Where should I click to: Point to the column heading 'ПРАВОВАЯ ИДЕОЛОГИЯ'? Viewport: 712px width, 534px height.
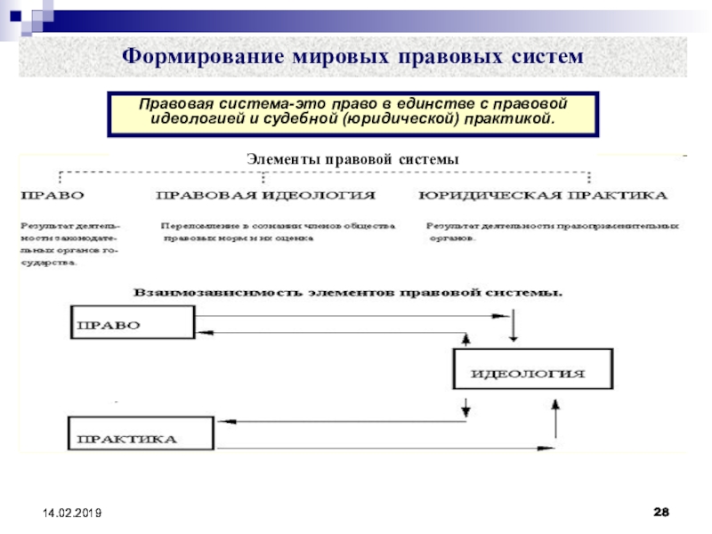click(x=265, y=193)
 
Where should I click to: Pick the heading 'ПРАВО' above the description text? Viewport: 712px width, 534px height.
click(x=53, y=193)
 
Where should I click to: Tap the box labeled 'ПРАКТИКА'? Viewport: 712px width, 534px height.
click(x=140, y=436)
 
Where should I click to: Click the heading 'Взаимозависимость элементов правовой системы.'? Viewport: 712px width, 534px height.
click(x=347, y=291)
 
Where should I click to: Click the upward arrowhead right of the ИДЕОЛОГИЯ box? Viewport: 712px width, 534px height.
click(x=555, y=403)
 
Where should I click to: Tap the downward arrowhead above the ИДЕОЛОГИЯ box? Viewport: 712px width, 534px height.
click(x=514, y=338)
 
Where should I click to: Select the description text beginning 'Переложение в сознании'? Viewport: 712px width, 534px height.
click(x=278, y=232)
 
